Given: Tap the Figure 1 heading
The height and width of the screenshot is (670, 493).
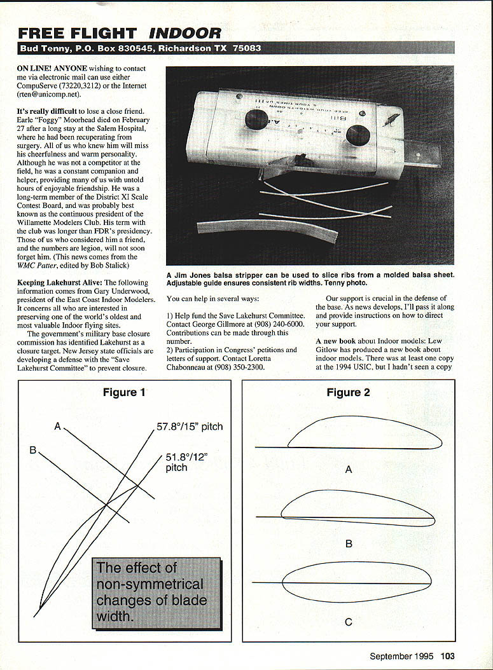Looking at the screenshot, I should [124, 392].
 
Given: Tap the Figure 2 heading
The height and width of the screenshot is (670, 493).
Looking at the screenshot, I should [348, 392].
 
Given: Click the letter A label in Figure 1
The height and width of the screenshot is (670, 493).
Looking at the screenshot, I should [57, 427].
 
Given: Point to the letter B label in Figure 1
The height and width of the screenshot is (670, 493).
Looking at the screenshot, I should [32, 450].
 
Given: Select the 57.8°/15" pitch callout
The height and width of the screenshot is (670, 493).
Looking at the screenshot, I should [190, 426].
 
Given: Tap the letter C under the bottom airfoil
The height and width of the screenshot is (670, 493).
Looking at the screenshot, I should [348, 622].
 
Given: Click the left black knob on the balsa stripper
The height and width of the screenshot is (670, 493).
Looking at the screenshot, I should [256, 120].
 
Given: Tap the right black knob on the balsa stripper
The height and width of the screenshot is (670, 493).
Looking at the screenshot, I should [358, 135].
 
